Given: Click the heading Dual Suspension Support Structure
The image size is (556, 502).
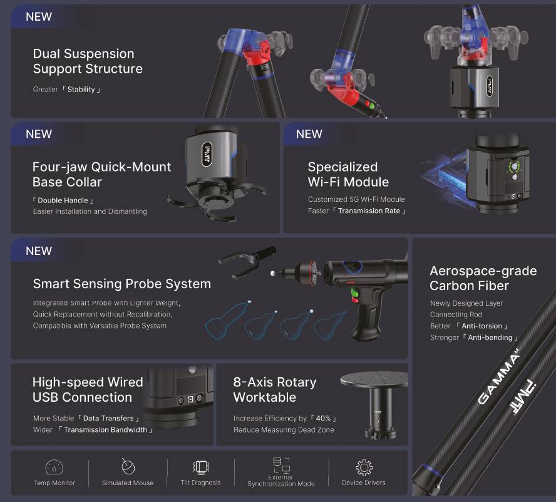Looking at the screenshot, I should click(x=88, y=61).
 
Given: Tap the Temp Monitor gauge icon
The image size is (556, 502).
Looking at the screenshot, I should click(x=54, y=467).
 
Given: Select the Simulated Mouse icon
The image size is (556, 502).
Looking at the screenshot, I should click(x=128, y=467).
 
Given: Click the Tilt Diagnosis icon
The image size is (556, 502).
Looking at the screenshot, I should click(x=200, y=467).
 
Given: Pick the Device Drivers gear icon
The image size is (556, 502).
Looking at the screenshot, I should click(x=364, y=468).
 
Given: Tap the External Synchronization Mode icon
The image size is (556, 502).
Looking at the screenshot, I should click(x=281, y=464).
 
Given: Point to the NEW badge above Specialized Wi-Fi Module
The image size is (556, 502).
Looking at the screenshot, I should click(x=309, y=134).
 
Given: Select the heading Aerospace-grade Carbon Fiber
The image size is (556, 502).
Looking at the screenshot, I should click(x=483, y=278).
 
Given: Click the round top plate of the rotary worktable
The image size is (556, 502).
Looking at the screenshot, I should click(x=373, y=380).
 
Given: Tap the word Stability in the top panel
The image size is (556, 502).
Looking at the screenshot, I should click(x=81, y=90).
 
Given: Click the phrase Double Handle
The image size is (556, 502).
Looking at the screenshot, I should click(x=63, y=201).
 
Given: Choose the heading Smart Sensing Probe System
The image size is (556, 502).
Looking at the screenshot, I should click(x=121, y=284).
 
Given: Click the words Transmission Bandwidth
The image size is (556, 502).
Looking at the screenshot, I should click(x=105, y=430).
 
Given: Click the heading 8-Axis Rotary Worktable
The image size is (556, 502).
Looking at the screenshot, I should click(x=275, y=389).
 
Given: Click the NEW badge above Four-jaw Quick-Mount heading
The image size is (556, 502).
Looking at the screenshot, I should click(x=39, y=134).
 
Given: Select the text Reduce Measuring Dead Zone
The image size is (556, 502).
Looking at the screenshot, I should click(x=284, y=430).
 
